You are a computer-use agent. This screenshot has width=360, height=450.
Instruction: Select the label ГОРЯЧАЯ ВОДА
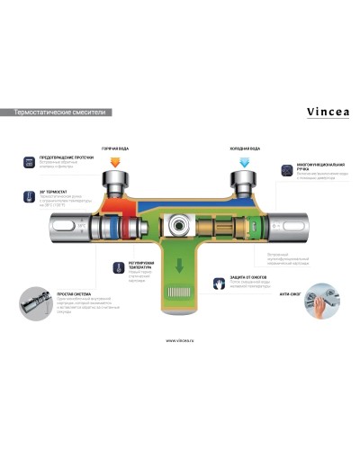116,148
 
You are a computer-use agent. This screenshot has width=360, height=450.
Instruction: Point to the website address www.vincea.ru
180,341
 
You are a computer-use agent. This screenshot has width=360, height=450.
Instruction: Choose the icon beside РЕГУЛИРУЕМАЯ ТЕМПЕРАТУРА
105,268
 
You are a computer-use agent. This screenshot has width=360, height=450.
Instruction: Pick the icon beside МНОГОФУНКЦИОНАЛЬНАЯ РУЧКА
287,168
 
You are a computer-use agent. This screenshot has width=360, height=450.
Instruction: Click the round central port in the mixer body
179,227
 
